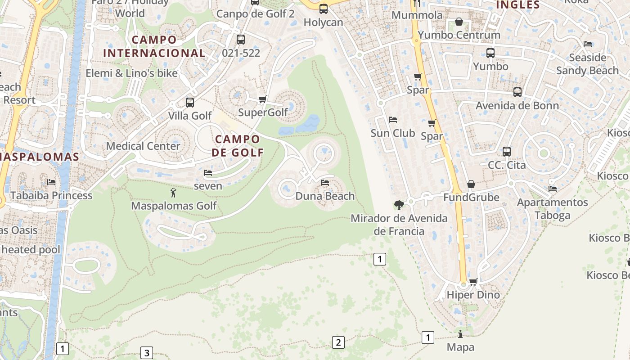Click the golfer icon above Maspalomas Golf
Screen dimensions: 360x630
pyautogui.click(x=173, y=193)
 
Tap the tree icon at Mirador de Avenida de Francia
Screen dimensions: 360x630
pyautogui.click(x=399, y=205)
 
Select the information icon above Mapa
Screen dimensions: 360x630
pyautogui.click(x=460, y=334)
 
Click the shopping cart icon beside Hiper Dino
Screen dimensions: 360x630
pyautogui.click(x=473, y=282)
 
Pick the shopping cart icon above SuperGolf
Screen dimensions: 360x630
pyautogui.click(x=263, y=99)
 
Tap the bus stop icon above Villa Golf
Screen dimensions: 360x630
pyautogui.click(x=190, y=103)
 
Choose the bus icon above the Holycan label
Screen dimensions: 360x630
pyautogui.click(x=323, y=9)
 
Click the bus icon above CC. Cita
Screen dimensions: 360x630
pyautogui.click(x=507, y=152)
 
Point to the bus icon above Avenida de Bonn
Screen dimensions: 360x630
pyautogui.click(x=517, y=92)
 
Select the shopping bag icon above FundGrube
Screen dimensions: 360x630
pyautogui.click(x=471, y=184)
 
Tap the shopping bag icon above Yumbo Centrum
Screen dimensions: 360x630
pyautogui.click(x=459, y=22)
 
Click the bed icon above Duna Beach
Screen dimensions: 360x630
pyautogui.click(x=325, y=183)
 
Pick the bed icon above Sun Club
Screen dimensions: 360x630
pyautogui.click(x=393, y=120)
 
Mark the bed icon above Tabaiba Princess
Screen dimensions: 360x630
pyautogui.click(x=51, y=182)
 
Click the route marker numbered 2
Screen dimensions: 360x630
pyautogui.click(x=338, y=342)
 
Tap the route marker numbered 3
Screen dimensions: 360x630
pyautogui.click(x=146, y=353)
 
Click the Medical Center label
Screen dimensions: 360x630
pyautogui.click(x=143, y=146)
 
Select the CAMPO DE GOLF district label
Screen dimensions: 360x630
pyautogui.click(x=238, y=145)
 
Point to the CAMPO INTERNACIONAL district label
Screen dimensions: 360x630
pyautogui.click(x=154, y=46)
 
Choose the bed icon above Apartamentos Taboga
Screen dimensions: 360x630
pyautogui.click(x=553, y=189)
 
